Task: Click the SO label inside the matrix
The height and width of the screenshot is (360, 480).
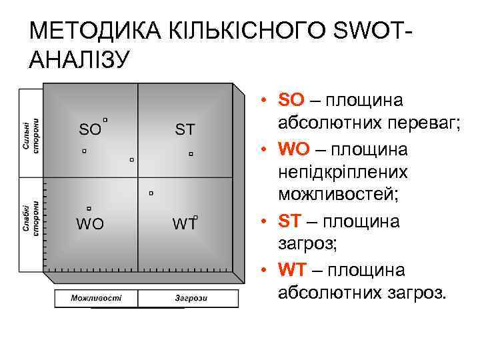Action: coord(90,128)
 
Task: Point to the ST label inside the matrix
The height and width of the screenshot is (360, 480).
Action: coord(185,128)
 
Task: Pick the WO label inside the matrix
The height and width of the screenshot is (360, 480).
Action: coord(90,223)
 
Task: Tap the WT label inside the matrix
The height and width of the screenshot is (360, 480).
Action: coord(184,223)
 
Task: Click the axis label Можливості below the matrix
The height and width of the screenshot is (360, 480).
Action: coord(96,297)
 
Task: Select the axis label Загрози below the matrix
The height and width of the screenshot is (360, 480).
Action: coord(191,297)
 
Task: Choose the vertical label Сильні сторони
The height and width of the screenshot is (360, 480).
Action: coord(31,136)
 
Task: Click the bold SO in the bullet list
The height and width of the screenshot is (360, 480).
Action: coord(291,100)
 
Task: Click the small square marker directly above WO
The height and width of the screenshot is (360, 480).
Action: coord(89,209)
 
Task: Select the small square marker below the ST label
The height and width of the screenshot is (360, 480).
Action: coord(190,154)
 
